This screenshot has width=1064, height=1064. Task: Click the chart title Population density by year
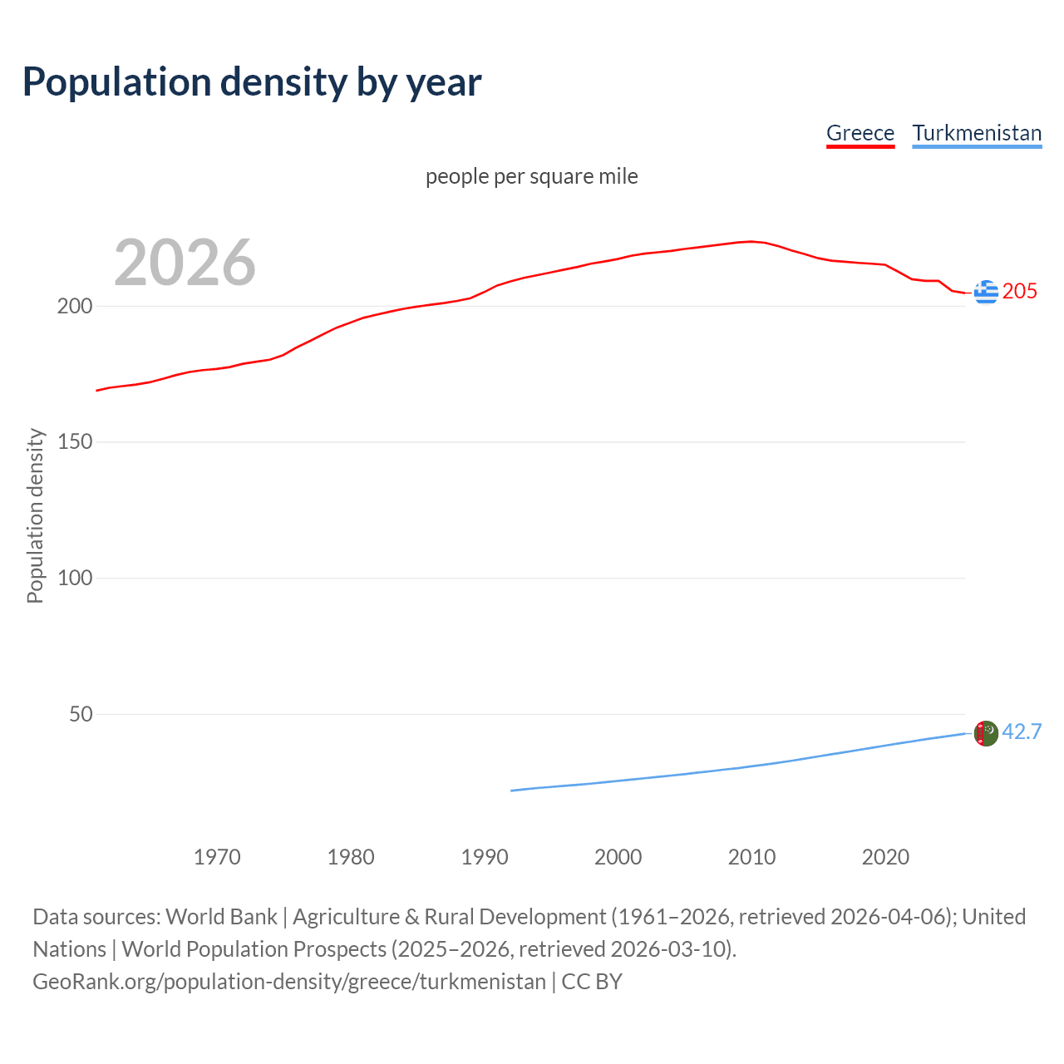coord(252,82)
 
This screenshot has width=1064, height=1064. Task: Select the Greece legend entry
coord(860,133)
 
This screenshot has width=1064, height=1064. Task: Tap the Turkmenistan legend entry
coord(977,133)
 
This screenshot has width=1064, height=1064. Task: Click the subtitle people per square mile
coord(532,177)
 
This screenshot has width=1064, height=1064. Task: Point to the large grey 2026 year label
coord(185,263)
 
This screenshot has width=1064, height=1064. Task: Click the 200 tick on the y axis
coord(75,306)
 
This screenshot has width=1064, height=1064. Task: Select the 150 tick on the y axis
coord(75,442)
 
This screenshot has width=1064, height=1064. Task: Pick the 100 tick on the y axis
coord(75,578)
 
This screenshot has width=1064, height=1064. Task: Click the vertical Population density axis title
coord(35,515)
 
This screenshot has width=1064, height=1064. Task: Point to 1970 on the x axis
coord(217,857)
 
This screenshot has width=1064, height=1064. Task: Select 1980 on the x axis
coord(351,857)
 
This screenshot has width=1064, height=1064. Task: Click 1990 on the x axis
coord(485,857)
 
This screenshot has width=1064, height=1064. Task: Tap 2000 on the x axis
coord(618,857)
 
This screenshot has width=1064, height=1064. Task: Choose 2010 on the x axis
coord(751,857)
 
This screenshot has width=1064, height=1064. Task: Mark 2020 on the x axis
coord(885,857)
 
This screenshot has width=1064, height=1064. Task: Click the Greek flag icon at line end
coord(986,292)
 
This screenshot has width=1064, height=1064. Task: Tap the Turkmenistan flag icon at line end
coord(986,733)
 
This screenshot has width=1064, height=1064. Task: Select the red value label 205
coord(1020,291)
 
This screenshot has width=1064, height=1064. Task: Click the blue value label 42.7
coord(1022,731)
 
